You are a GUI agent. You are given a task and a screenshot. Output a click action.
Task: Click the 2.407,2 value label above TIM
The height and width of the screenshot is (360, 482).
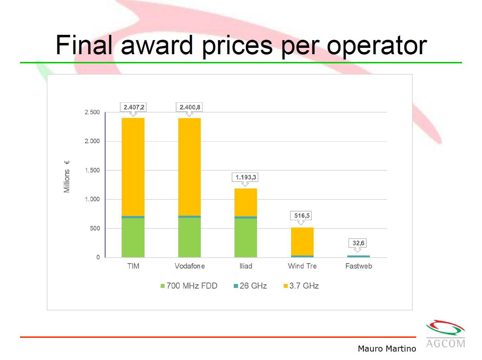click(133, 107)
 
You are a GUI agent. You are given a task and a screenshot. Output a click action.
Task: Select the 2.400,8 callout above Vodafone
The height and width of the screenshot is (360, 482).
click(189, 107)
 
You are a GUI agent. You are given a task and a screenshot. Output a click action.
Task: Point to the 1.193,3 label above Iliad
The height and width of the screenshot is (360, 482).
click(245, 177)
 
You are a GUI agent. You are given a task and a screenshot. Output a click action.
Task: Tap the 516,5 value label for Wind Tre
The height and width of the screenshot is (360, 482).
click(302, 216)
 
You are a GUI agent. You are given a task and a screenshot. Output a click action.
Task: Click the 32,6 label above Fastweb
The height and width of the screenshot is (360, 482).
click(358, 243)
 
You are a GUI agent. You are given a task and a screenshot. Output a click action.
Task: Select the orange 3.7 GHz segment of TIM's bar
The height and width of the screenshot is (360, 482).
click(133, 167)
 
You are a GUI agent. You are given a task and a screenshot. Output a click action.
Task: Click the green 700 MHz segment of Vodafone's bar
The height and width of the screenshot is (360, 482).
click(189, 238)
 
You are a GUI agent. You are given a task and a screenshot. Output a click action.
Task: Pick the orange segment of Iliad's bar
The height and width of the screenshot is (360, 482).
click(246, 202)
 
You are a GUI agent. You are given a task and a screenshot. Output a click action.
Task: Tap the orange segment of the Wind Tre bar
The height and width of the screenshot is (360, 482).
click(302, 241)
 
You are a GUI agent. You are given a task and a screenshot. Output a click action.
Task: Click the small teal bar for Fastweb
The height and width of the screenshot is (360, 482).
click(358, 256)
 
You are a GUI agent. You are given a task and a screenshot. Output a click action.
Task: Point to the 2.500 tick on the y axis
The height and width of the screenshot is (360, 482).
click(92, 112)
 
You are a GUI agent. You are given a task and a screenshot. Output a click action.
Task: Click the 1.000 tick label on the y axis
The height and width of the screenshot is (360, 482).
click(92, 199)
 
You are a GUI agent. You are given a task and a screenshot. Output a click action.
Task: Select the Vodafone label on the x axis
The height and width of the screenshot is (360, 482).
click(189, 266)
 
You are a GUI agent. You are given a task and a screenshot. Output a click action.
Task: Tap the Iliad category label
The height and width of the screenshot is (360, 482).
click(246, 266)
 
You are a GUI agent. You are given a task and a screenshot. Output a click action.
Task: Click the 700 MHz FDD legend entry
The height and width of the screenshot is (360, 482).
click(189, 286)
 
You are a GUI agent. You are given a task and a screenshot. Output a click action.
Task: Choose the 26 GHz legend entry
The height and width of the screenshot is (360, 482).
click(250, 286)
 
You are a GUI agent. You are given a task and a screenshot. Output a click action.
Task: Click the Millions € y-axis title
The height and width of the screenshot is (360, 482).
click(66, 177)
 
